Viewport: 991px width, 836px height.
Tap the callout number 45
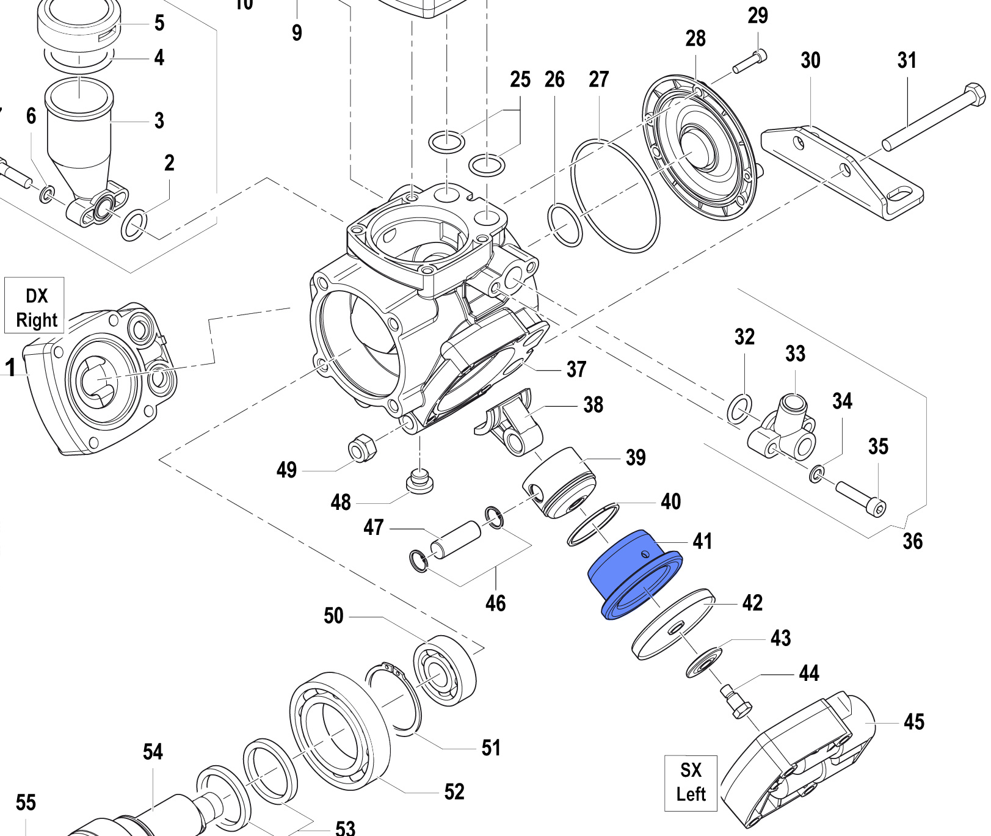click(x=913, y=722)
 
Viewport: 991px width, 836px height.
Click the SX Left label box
click(x=691, y=782)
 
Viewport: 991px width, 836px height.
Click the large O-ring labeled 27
click(x=615, y=195)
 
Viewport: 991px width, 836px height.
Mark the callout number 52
click(x=454, y=791)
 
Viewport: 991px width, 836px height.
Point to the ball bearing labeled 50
click(x=445, y=670)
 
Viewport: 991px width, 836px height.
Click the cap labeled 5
click(x=78, y=27)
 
